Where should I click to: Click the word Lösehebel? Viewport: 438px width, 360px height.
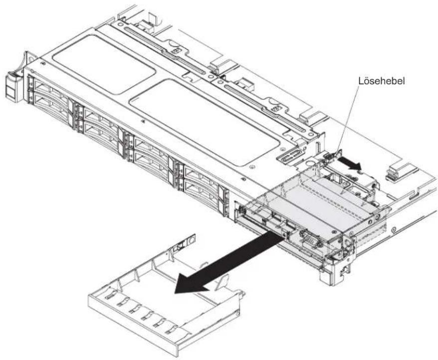[381, 81]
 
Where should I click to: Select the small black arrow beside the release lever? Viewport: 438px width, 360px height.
[349, 163]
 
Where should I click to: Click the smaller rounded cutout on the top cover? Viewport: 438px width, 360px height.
[104, 64]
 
